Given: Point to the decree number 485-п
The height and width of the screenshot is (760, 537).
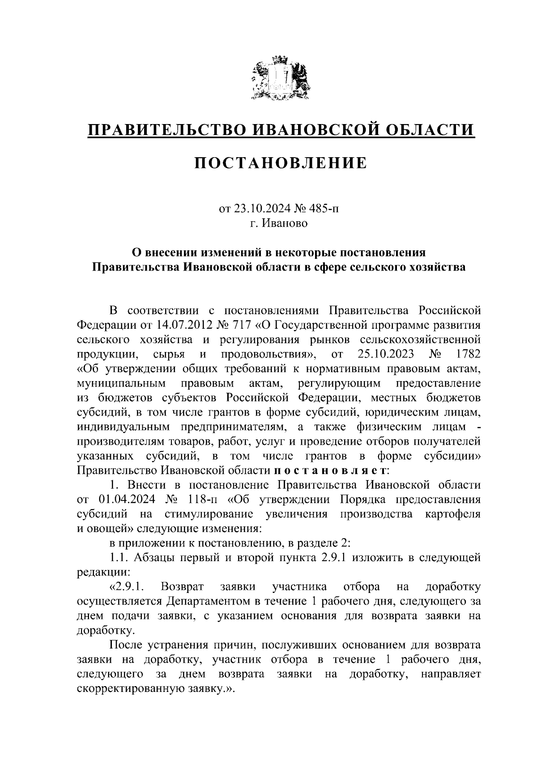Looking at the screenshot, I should pyautogui.click(x=325, y=209).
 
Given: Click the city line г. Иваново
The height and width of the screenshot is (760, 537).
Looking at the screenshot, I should pyautogui.click(x=279, y=223).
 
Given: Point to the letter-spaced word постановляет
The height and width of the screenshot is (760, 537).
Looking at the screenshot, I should pyautogui.click(x=330, y=471).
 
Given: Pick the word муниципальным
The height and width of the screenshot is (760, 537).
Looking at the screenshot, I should pyautogui.click(x=121, y=383).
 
